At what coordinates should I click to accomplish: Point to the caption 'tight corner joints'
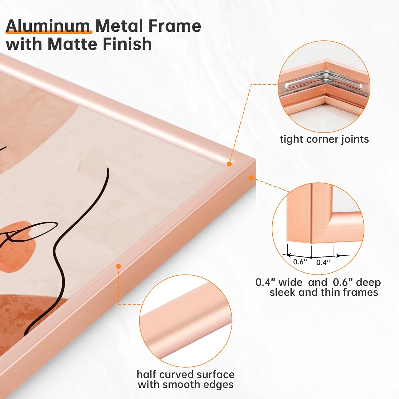pyautogui.click(x=324, y=139)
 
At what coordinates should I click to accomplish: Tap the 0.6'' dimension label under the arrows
pyautogui.click(x=300, y=262)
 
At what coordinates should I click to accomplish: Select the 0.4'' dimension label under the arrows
pyautogui.click(x=323, y=263)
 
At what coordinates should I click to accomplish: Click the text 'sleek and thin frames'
pyautogui.click(x=324, y=292)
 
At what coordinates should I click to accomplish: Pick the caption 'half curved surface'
pyautogui.click(x=185, y=374)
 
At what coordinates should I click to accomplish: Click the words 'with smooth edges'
pyautogui.click(x=185, y=385)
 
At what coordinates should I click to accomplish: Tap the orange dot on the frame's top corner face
pyautogui.click(x=229, y=164)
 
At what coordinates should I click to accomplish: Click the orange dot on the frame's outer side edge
pyautogui.click(x=251, y=178)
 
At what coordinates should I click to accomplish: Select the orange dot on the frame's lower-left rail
pyautogui.click(x=119, y=266)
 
